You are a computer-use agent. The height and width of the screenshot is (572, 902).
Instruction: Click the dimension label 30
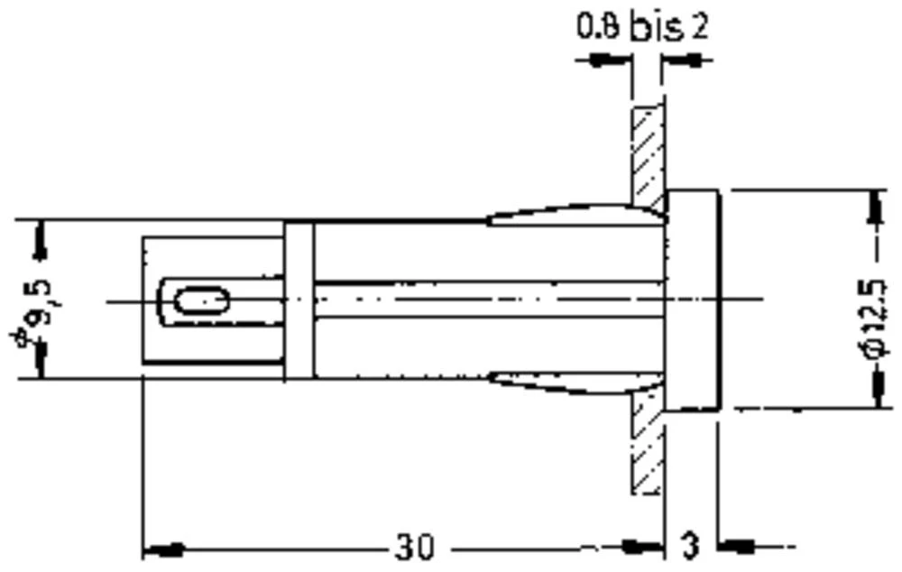coord(414,546)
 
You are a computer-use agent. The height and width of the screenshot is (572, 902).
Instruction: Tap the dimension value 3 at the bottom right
coord(689,546)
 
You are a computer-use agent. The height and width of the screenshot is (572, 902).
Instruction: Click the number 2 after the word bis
coord(699,27)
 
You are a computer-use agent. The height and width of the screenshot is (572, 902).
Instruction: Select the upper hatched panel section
coord(647,153)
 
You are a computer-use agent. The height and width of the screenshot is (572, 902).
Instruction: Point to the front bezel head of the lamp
coord(692,300)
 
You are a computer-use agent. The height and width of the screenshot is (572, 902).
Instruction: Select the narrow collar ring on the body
coord(299,300)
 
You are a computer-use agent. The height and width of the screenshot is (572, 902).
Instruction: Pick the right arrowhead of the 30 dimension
coord(644,546)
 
